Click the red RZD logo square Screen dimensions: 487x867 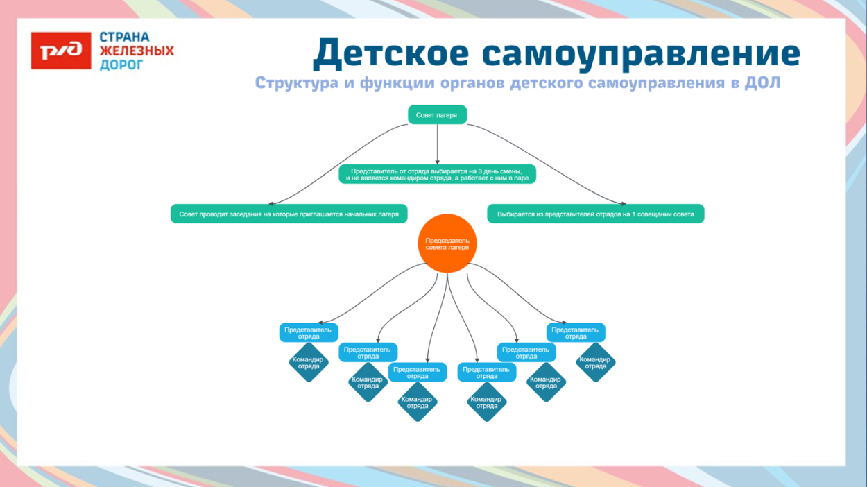click(x=61, y=51)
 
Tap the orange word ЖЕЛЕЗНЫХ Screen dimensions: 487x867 click(x=137, y=51)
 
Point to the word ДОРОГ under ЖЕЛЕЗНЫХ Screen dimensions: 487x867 click(x=122, y=65)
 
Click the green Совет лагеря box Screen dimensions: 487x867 click(x=436, y=115)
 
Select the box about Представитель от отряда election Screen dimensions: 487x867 click(x=437, y=174)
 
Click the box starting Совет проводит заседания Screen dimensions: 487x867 click(x=289, y=214)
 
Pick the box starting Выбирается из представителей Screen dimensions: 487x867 click(x=595, y=214)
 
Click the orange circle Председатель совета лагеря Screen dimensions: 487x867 click(x=447, y=243)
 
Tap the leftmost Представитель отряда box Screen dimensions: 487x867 click(x=309, y=333)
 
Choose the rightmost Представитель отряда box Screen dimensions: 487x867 click(x=575, y=333)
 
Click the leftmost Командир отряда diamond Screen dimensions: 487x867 click(x=308, y=363)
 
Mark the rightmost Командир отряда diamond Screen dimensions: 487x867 click(x=595, y=363)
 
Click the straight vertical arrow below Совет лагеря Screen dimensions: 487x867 click(x=437, y=144)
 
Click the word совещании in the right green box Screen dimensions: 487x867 click(x=653, y=214)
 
